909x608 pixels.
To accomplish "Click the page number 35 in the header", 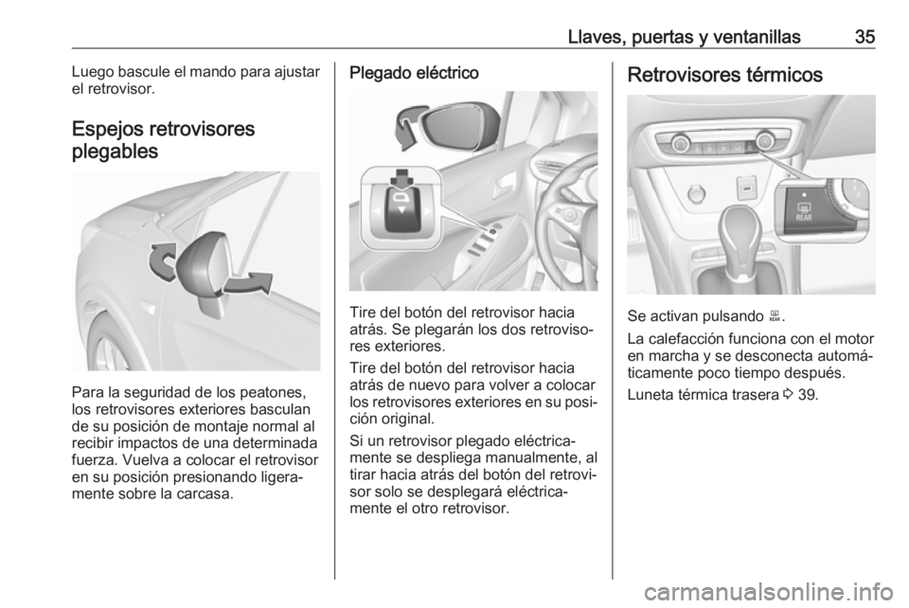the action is [x=864, y=37].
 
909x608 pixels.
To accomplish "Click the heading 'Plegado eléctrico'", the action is [x=414, y=73].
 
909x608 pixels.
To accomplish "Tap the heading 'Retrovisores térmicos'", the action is [x=724, y=75].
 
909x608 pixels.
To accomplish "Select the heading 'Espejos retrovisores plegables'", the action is [x=164, y=139].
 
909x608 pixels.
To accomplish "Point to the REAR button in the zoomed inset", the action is [x=804, y=212].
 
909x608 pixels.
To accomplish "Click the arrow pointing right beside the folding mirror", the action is [x=248, y=283].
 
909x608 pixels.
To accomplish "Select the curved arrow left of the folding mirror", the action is [x=162, y=263].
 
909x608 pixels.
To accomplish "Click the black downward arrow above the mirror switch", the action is [x=401, y=179].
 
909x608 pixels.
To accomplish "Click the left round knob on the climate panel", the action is [x=681, y=141].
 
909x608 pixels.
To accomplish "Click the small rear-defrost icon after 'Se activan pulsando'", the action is [x=774, y=316].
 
